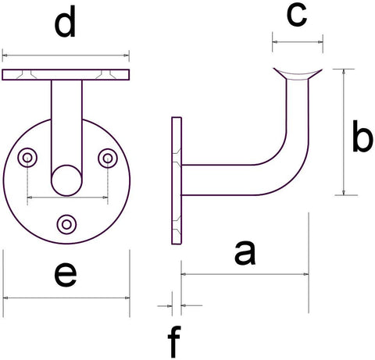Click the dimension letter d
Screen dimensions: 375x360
[65, 22]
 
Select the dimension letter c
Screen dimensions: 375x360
[297, 16]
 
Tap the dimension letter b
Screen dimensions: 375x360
[362, 136]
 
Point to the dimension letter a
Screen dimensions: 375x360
[245, 253]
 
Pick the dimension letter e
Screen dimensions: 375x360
[66, 275]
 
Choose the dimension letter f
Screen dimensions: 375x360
[174, 342]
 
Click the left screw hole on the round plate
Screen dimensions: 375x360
[27, 158]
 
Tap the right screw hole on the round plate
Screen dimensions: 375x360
[108, 158]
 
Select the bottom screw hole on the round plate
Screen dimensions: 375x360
[66, 224]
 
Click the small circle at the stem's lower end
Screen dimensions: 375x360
[66, 180]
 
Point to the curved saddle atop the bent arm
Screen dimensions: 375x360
[298, 74]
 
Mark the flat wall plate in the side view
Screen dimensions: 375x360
[177, 180]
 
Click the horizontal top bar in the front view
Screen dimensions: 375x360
[66, 75]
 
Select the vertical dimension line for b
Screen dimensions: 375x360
[344, 132]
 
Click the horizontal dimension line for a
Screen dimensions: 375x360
[245, 274]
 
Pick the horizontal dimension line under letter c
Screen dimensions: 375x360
[298, 41]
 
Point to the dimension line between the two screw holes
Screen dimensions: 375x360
[67, 198]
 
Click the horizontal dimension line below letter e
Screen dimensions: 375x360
[66, 298]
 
